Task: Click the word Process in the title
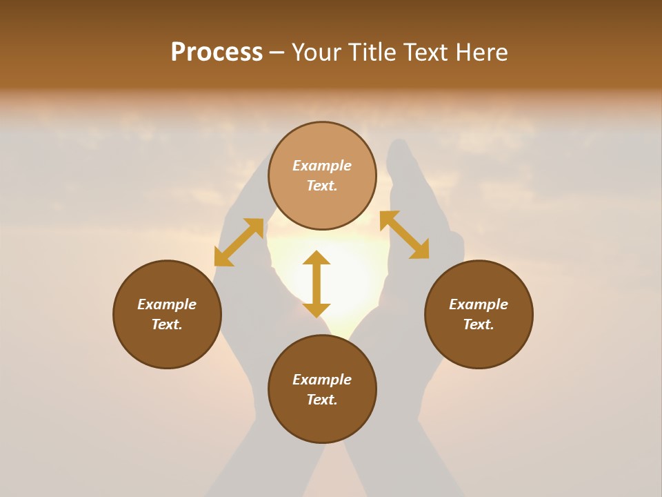pos(217,52)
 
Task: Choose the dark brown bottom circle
pos(322,421)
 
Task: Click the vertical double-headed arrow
pos(317,284)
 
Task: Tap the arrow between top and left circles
pos(239,242)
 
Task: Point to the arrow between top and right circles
pos(405,235)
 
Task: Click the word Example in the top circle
pos(322,166)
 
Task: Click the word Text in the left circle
pos(167,324)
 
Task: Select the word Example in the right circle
pos(479,304)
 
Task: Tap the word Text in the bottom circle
pos(322,400)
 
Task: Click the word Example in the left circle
pos(167,304)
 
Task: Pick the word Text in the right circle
pos(479,324)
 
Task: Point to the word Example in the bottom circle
pos(322,380)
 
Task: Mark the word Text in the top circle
pos(322,186)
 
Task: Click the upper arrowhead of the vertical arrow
pos(317,257)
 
